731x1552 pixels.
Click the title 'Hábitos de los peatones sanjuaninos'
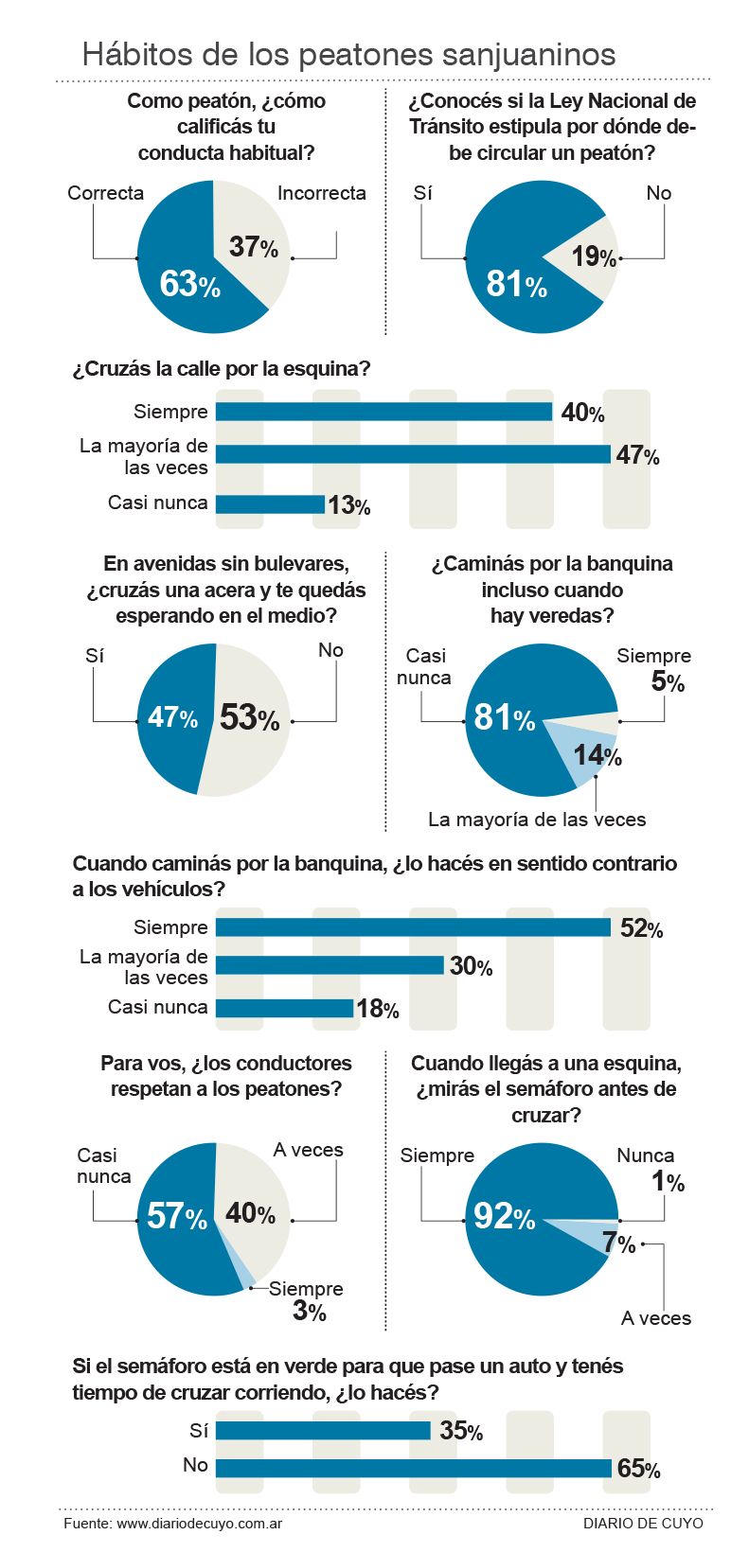[x=348, y=54]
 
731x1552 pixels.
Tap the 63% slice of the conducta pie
[x=180, y=284]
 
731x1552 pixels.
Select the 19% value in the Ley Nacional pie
[x=594, y=256]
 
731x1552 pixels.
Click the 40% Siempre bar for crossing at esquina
[x=383, y=412]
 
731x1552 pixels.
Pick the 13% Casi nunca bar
[x=270, y=504]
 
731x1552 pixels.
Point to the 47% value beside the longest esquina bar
[x=637, y=455]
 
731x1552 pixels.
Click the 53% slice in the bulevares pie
[x=251, y=717]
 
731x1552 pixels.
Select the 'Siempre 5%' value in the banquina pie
[x=668, y=681]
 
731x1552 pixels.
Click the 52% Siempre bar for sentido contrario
[x=413, y=927]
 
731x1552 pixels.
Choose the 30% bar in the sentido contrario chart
[x=330, y=965]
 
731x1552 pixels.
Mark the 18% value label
[x=378, y=1009]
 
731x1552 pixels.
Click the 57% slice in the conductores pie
[x=175, y=1216]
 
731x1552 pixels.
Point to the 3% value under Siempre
[x=310, y=1311]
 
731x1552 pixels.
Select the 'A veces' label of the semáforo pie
[x=655, y=1318]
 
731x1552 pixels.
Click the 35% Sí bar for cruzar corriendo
[x=323, y=1430]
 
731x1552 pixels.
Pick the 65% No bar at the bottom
[x=413, y=1468]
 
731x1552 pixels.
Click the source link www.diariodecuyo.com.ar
[x=200, y=1524]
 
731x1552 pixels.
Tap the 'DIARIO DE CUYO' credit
[x=643, y=1524]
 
